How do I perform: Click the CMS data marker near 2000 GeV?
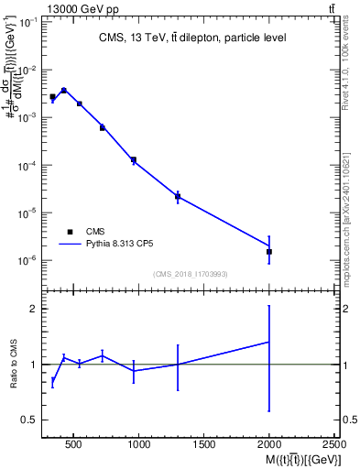(268, 251)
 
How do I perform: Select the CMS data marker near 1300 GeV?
(178, 196)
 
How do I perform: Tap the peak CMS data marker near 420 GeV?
(63, 90)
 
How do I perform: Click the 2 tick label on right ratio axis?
(349, 309)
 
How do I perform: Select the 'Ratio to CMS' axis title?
(14, 365)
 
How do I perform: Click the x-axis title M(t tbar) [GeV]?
(293, 459)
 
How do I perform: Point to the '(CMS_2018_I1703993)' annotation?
(190, 274)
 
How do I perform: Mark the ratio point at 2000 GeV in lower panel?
(268, 342)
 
